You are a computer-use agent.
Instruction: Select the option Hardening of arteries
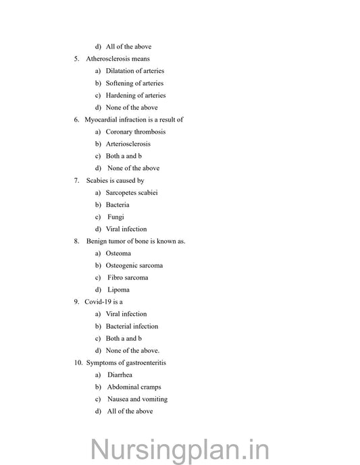[x=135, y=95]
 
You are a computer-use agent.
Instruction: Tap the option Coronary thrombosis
[x=135, y=132]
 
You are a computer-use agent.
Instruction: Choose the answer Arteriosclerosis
[x=128, y=144]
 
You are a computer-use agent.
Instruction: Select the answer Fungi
[x=115, y=217]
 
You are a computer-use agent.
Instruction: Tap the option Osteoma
[x=118, y=253]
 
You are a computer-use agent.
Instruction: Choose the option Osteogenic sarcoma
[x=134, y=265]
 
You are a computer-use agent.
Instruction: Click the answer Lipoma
[x=118, y=290]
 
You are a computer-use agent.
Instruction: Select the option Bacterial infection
[x=132, y=326]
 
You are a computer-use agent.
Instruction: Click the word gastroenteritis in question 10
[x=143, y=362]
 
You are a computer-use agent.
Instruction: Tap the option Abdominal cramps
[x=134, y=387]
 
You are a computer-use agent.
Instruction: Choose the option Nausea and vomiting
[x=137, y=399]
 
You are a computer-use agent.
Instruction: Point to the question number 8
[x=76, y=241]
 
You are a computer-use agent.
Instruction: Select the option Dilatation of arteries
[x=134, y=71]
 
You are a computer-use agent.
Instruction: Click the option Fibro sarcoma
[x=128, y=277]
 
